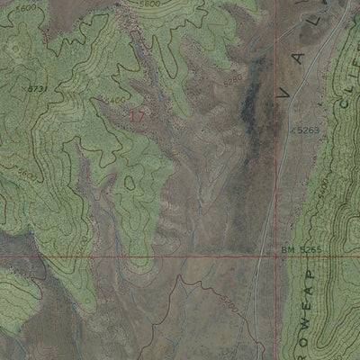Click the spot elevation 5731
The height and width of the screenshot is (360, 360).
coord(35,89)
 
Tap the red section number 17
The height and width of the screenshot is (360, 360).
coord(137,116)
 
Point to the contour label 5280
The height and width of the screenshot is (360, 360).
coord(233,81)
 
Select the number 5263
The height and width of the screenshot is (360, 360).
coord(309,130)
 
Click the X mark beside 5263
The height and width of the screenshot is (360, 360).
coord(292,130)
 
